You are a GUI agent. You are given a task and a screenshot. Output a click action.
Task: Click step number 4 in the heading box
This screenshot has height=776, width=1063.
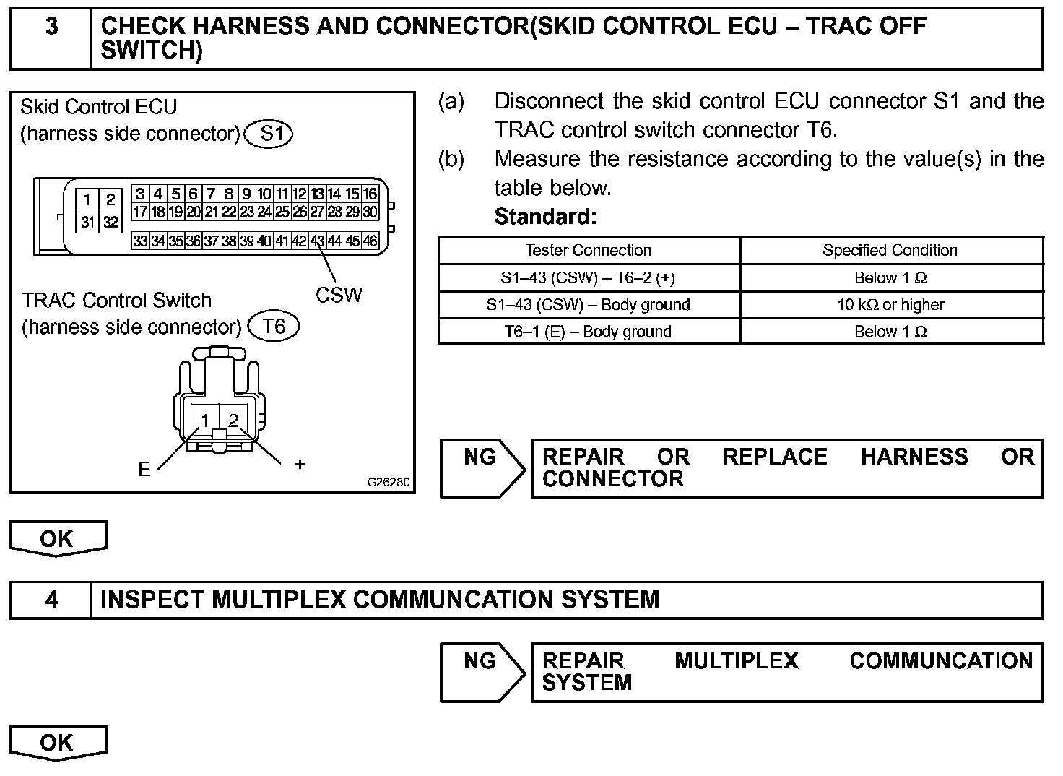[51, 600]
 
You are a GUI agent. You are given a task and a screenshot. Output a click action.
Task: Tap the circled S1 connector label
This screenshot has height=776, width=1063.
[269, 134]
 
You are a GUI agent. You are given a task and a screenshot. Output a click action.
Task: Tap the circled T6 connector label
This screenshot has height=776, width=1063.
[273, 327]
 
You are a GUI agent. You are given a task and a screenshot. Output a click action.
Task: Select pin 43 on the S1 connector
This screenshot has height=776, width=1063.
[317, 241]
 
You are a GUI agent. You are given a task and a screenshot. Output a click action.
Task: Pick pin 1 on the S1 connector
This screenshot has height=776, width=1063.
[87, 199]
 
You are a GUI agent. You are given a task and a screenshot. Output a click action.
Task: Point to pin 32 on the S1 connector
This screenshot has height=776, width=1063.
[110, 223]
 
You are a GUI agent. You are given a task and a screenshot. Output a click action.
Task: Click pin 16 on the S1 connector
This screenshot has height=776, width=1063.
[370, 194]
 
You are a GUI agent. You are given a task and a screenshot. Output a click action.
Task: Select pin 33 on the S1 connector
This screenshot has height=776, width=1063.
[140, 241]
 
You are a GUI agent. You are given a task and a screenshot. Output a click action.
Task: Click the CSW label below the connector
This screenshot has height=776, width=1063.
[339, 295]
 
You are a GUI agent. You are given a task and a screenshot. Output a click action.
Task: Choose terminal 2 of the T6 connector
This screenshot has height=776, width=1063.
[233, 421]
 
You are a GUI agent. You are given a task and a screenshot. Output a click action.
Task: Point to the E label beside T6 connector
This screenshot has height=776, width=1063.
[144, 470]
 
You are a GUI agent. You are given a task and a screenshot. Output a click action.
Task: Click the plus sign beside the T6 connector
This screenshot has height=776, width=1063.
[300, 465]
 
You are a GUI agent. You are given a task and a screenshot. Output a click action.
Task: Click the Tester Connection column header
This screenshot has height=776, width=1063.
[589, 251]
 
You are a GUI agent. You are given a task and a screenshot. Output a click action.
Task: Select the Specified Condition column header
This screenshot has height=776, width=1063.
[890, 251]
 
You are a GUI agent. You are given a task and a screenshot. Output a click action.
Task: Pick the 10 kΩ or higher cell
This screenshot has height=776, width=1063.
[890, 305]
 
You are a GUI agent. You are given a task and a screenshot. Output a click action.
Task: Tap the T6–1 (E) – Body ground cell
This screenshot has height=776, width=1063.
[588, 332]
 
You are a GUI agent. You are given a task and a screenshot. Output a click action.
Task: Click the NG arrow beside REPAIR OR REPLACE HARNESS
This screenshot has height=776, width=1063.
[482, 468]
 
